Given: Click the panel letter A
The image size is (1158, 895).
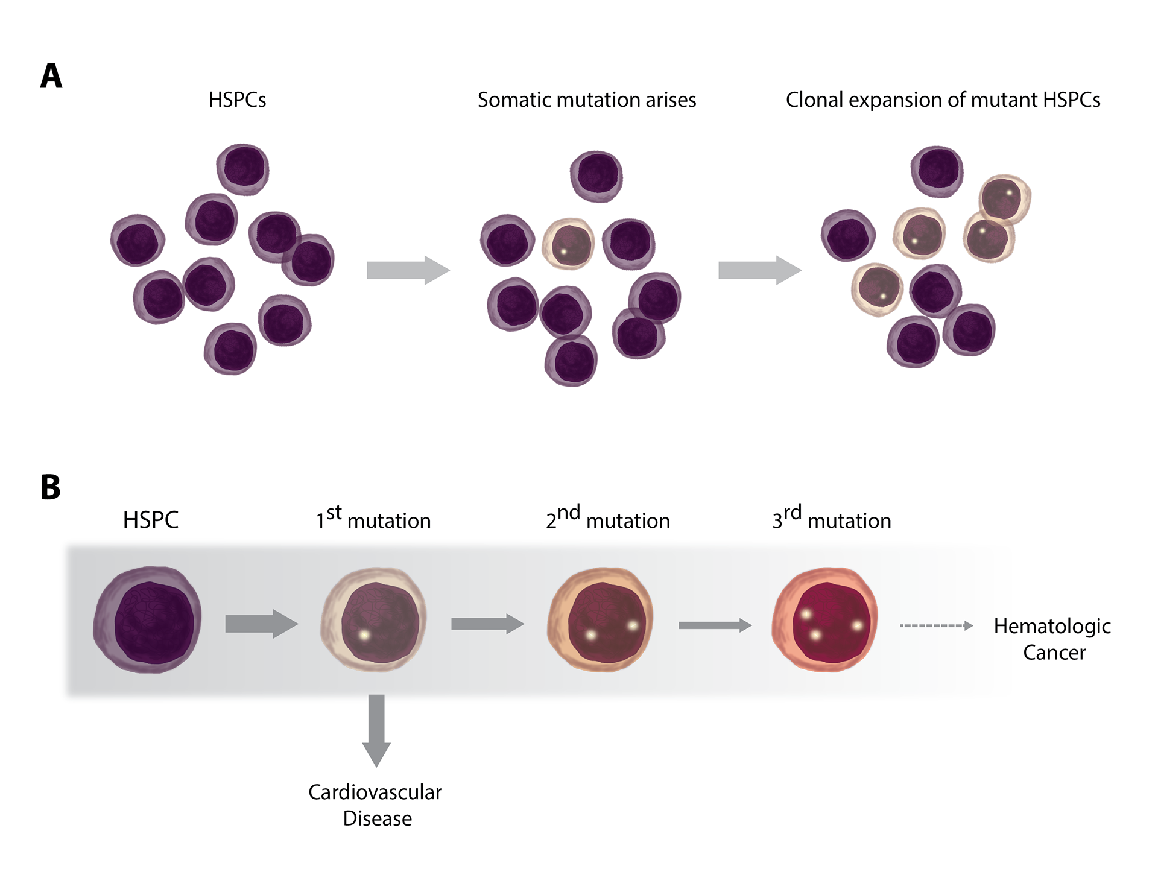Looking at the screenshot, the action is click(51, 76).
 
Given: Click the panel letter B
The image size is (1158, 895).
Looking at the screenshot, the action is click(51, 487).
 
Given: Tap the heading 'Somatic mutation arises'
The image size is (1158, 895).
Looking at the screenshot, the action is click(587, 100).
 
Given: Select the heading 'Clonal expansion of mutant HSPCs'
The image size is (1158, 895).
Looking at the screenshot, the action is click(943, 100).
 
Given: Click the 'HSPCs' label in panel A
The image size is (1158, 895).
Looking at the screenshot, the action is click(237, 100).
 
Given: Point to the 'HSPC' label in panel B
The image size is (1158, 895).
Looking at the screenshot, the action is click(151, 519).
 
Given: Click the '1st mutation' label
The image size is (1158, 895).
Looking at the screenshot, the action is click(373, 517).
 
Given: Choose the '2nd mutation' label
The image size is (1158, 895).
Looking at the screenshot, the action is click(608, 517).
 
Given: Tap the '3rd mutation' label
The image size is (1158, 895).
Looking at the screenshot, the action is click(832, 517).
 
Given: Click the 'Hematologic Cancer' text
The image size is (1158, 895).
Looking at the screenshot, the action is click(1052, 639).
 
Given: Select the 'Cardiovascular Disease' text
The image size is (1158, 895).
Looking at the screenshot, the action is click(375, 805).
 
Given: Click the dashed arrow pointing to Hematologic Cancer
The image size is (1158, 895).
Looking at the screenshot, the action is click(937, 626).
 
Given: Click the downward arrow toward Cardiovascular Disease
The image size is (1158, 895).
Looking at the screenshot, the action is click(376, 730).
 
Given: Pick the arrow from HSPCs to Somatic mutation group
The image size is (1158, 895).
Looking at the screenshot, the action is click(408, 270).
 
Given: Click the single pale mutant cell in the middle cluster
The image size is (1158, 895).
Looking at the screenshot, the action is click(568, 244).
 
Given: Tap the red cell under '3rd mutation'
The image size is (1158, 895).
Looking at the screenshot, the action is click(824, 619).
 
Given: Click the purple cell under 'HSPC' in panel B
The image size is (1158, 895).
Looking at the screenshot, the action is click(147, 619).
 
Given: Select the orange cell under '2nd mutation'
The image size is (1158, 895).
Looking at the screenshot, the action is click(600, 619).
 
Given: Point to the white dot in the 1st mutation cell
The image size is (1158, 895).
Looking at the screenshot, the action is click(364, 634).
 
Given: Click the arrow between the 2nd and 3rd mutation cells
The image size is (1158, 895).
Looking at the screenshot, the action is click(715, 625).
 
